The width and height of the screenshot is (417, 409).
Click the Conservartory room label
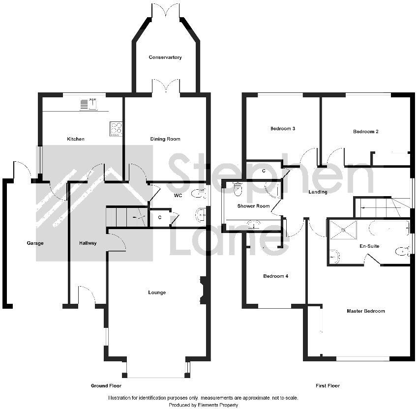click(x=165, y=58)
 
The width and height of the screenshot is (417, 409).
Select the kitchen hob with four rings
click(x=117, y=129)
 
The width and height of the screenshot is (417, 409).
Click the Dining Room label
click(x=165, y=139)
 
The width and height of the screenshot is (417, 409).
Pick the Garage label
click(x=35, y=243)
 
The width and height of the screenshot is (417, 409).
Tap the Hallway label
click(x=88, y=243)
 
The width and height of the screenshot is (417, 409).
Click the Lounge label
click(x=157, y=292)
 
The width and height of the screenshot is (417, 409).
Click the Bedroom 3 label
click(x=283, y=129)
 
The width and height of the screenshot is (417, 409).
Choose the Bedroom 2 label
click(x=365, y=132)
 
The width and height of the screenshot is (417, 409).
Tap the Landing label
click(x=318, y=192)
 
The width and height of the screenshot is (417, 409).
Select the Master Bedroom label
click(x=365, y=311)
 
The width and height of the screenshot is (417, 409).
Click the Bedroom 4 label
click(x=275, y=276)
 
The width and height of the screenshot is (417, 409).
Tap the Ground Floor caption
click(x=106, y=386)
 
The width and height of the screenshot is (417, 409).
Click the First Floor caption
click(x=328, y=386)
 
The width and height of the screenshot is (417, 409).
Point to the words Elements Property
click(x=219, y=405)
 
